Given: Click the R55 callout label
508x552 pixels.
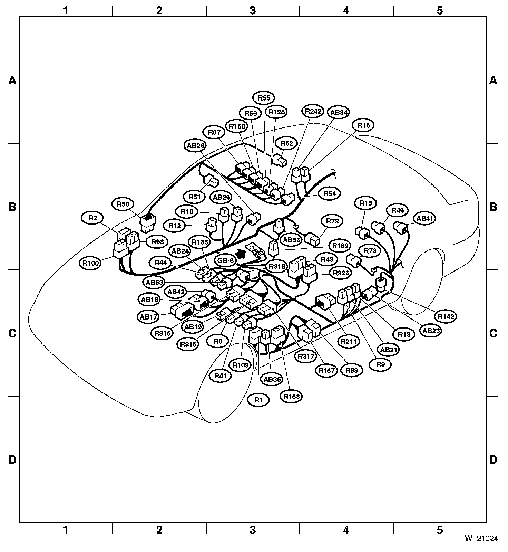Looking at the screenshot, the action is [264, 98].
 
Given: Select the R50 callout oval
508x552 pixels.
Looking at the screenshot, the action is [123, 204].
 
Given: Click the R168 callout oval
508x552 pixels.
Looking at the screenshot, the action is [292, 396].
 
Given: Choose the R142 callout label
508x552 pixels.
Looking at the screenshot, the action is [446, 316].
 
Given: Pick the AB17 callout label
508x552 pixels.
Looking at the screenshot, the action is [148, 316].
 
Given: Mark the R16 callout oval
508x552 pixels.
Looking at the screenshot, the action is [363, 126].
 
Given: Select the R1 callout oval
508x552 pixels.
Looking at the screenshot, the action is [258, 400].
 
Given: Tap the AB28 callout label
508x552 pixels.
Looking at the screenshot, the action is [196, 146].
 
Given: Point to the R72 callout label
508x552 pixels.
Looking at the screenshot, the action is [332, 221].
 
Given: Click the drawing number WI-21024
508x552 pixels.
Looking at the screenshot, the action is [481, 538].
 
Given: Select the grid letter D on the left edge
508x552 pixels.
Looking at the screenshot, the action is [12, 460].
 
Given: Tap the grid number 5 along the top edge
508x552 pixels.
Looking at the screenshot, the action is [439, 11].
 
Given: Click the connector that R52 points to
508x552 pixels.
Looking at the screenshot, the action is [280, 161].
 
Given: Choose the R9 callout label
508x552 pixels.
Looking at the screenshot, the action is [380, 364].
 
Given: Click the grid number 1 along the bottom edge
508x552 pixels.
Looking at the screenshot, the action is [66, 530].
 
